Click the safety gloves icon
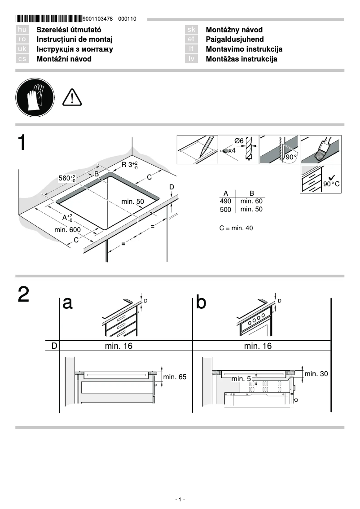(x=35, y=97)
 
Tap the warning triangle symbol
(x=72, y=97)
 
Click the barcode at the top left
(x=49, y=19)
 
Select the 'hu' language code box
(x=22, y=30)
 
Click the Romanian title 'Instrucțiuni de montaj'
(x=74, y=39)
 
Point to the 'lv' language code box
(x=191, y=59)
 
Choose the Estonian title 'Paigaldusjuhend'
(x=234, y=39)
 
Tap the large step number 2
(x=24, y=294)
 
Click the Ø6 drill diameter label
(x=239, y=141)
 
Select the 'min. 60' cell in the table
(x=251, y=202)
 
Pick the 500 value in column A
(x=225, y=210)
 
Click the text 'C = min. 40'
(x=236, y=228)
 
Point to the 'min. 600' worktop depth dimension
(x=67, y=230)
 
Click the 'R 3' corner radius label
(x=129, y=165)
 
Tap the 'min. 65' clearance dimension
(x=175, y=377)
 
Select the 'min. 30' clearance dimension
(x=316, y=373)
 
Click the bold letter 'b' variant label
(x=202, y=303)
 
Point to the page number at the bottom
(x=180, y=500)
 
